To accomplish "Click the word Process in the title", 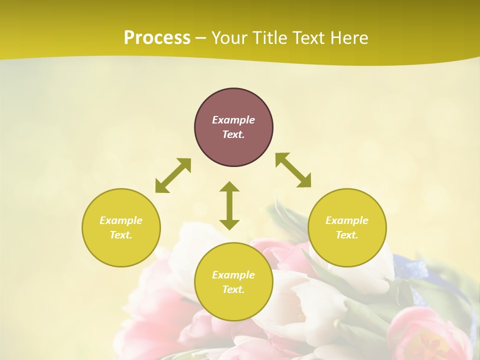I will point(157,38).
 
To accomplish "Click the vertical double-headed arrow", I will point(229,205).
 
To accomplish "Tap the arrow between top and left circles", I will point(173,175).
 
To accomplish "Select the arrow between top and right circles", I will point(293,170).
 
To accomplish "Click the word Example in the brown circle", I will point(233,120).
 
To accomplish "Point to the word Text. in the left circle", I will point(121,235).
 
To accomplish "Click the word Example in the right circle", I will point(347,220).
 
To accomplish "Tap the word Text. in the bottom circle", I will point(233,289).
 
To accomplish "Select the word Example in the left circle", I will point(121,220).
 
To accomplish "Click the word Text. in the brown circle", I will point(233,134).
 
